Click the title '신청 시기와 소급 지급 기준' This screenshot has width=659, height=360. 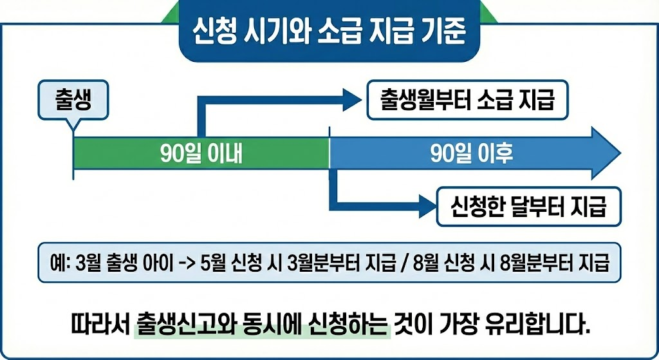coord(329,31)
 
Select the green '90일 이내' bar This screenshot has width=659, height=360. coord(201,153)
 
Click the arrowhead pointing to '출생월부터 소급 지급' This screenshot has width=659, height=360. coord(353,100)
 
